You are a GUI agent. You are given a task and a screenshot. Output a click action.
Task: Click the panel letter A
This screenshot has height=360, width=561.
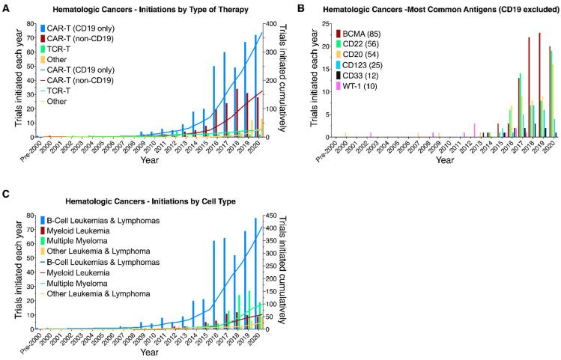coord(6,7)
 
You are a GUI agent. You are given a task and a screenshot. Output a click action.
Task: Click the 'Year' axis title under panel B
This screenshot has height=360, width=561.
coord(445,160)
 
